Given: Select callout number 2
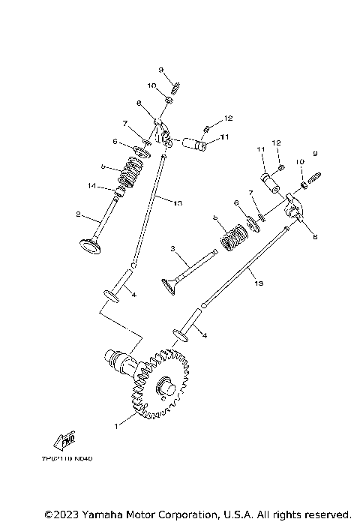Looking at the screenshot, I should pyautogui.click(x=78, y=214).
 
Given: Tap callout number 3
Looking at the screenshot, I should pyautogui.click(x=172, y=248).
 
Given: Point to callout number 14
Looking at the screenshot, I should pyautogui.click(x=91, y=185).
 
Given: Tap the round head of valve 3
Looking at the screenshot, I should pyautogui.click(x=171, y=284).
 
